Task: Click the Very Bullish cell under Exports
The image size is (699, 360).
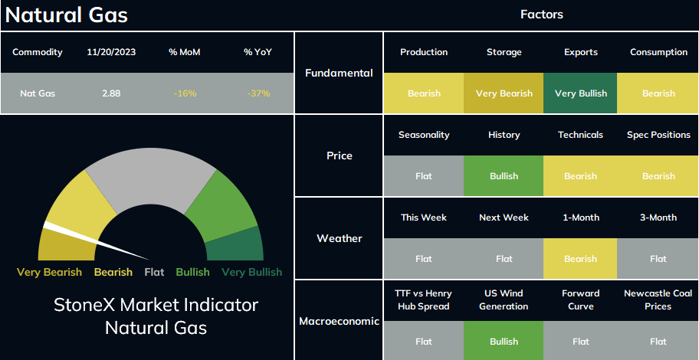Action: (580, 93)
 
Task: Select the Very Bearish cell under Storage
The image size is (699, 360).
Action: (504, 93)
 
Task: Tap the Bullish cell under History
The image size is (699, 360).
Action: (504, 176)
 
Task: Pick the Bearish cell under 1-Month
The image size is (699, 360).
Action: (580, 258)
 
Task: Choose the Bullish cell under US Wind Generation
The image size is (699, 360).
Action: (504, 342)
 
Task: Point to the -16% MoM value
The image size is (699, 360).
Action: (185, 93)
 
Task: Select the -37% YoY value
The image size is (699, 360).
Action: (258, 93)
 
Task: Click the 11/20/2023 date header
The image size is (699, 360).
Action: (111, 52)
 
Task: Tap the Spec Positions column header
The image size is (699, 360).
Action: (658, 135)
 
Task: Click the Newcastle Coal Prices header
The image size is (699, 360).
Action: (658, 299)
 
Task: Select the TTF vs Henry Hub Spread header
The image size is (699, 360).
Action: (424, 299)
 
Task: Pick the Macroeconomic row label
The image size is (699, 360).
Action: (340, 321)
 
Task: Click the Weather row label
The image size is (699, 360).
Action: (340, 238)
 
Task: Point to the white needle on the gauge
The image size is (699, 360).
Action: (96, 241)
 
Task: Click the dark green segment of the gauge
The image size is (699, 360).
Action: (236, 246)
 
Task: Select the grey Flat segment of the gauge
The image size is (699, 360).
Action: (151, 178)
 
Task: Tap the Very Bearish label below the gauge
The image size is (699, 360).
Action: (49, 272)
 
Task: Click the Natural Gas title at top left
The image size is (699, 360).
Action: (67, 15)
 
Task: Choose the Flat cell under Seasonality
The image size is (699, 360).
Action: (424, 176)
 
